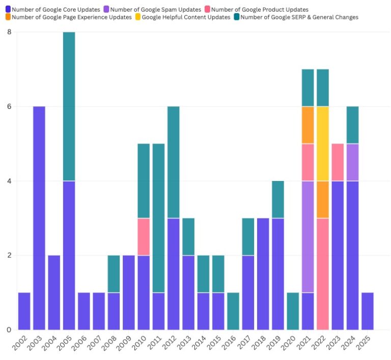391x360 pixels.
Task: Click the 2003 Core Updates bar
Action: coord(39,218)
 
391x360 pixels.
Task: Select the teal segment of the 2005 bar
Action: coord(69,106)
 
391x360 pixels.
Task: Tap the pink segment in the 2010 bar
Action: coord(144,236)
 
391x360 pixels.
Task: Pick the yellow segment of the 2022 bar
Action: coord(323,143)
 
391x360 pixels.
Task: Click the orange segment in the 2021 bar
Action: coord(308,125)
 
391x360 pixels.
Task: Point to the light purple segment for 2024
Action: coord(352,162)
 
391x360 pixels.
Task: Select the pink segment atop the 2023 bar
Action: coord(338,162)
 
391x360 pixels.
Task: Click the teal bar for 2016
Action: coord(233,311)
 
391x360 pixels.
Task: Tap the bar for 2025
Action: coord(368,311)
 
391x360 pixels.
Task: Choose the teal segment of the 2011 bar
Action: coord(158,218)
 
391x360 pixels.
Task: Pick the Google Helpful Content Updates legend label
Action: coord(186,17)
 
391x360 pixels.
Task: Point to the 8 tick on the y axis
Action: coord(9,32)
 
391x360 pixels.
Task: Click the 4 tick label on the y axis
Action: coord(9,181)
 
